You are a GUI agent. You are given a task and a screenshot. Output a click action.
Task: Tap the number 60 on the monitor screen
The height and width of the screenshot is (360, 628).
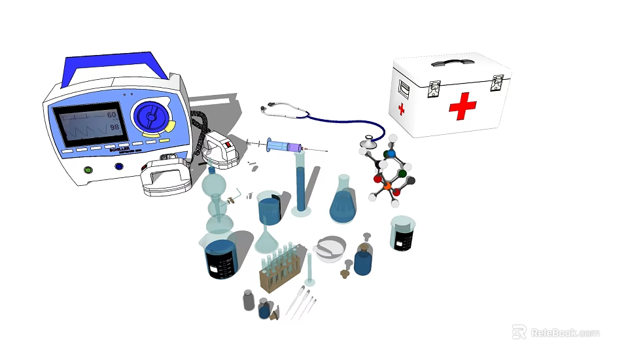[112, 115]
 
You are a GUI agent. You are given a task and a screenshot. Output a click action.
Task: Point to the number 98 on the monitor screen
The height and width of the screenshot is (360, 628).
[114, 127]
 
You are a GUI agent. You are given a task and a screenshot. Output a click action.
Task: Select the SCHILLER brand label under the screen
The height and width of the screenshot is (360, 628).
[119, 149]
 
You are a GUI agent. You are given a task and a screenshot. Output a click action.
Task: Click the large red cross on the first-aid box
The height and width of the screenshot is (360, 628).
[462, 105]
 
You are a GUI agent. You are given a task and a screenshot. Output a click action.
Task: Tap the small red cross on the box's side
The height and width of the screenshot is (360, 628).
[401, 109]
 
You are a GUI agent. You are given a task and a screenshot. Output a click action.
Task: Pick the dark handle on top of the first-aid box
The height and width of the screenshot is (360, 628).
[452, 63]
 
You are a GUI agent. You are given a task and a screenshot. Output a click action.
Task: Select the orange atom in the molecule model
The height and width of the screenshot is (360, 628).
[387, 186]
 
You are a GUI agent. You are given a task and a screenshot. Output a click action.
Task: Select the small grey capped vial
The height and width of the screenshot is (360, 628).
[249, 299]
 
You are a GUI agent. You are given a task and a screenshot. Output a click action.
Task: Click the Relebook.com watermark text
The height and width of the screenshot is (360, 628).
[564, 333]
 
